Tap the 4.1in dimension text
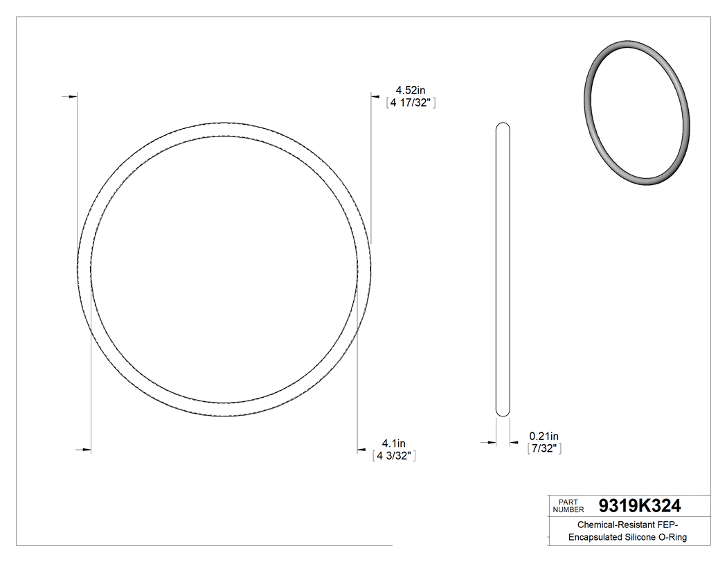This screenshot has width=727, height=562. [393, 444]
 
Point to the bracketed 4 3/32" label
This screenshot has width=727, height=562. [393, 456]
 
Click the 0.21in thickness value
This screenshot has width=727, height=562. [544, 436]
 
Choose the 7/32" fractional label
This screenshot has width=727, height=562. [544, 448]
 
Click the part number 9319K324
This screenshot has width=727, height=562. [640, 505]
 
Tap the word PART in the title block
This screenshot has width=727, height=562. [568, 501]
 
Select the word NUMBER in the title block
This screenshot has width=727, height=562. [570, 509]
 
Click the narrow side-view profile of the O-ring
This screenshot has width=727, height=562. [503, 270]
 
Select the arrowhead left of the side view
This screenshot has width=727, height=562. [492, 442]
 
